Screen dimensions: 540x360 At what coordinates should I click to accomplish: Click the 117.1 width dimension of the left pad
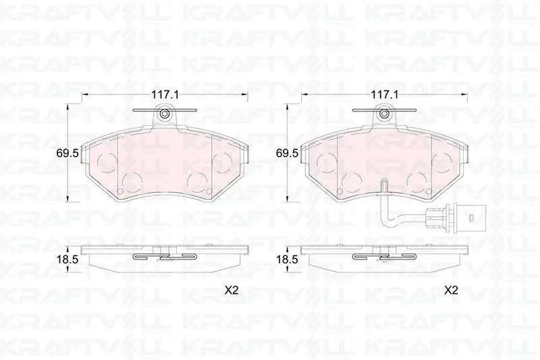(165, 95)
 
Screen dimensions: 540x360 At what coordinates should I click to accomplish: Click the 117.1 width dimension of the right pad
(385, 95)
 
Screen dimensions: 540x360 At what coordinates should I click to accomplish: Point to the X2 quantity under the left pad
(232, 290)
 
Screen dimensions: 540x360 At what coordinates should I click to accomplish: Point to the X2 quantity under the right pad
(451, 290)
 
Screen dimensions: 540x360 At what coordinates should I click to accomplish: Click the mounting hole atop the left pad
(165, 113)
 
